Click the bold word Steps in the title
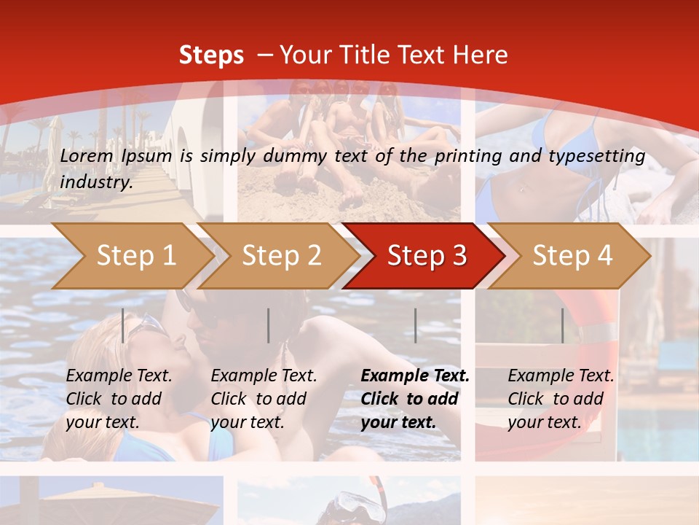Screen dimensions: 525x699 (211, 55)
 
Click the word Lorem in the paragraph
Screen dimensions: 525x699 (85, 155)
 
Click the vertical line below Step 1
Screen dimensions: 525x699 (123, 325)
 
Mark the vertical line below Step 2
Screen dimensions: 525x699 (269, 325)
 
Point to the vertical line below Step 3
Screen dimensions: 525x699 (415, 325)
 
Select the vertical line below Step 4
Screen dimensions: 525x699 (562, 325)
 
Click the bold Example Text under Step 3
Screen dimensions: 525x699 (415, 376)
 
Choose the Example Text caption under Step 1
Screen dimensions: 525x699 (119, 376)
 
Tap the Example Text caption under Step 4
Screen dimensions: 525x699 (561, 376)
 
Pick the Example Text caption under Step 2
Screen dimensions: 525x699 (264, 376)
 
